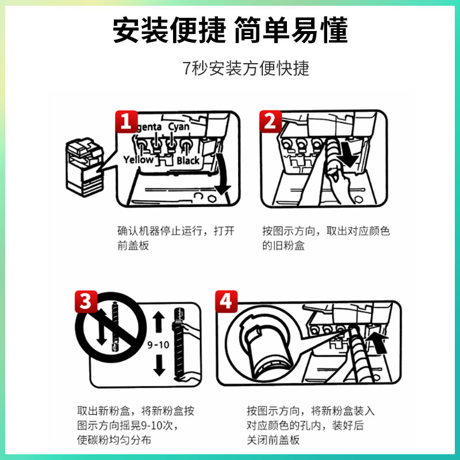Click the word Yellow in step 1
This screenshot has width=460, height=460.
click(x=138, y=159)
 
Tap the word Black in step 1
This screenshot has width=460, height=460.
click(x=188, y=160)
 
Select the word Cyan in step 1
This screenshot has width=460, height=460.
click(x=178, y=126)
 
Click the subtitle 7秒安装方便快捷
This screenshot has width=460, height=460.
click(x=246, y=68)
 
